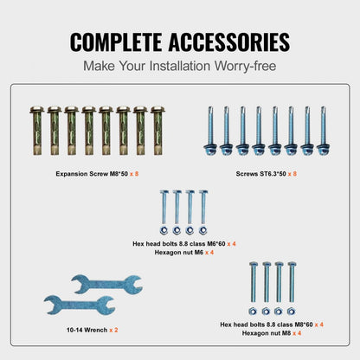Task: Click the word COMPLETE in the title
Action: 116,42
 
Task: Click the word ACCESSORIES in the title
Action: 229,42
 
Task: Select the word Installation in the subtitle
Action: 179,66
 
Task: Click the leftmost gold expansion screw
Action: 37,131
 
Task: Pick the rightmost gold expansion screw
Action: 157,131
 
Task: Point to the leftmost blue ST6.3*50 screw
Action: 210,131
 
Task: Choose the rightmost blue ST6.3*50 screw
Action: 323,131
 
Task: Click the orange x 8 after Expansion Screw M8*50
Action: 134,174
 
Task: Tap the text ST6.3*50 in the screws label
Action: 272,174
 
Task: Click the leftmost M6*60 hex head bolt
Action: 164,207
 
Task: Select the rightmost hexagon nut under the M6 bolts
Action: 202,230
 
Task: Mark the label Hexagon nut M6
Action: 179,253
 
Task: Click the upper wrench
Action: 106,284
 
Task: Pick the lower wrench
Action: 80,305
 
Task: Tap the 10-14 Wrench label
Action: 87,330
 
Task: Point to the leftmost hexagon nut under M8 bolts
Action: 253,312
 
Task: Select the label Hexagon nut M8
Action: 267,333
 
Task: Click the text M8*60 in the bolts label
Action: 304,325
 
